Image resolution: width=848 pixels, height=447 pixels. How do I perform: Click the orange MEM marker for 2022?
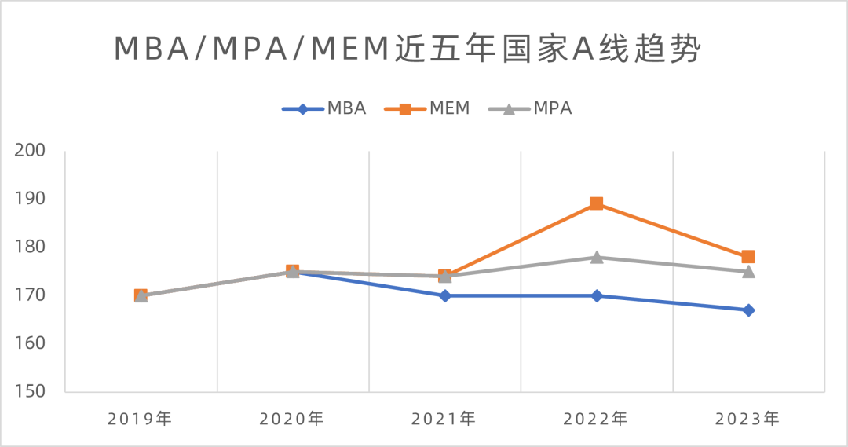597,203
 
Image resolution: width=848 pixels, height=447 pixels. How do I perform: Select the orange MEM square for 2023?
748,257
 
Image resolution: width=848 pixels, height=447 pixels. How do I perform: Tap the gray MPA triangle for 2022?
597,257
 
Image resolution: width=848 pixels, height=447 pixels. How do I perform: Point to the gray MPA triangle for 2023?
748,271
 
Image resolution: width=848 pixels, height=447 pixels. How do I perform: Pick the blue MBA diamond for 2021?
444,295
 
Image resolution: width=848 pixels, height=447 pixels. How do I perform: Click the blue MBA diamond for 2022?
597,295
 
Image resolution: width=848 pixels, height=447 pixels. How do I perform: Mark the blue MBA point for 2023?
748,310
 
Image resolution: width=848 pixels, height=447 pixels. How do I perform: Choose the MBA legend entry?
325,108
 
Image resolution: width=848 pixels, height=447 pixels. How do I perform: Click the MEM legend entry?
428,108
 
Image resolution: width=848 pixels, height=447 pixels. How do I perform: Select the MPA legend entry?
531,108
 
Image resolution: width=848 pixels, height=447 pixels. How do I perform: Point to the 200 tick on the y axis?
31,150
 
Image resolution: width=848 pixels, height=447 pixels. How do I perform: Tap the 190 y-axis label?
31,199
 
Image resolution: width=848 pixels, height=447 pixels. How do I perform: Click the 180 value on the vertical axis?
31,247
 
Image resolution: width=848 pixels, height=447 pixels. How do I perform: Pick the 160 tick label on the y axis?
31,343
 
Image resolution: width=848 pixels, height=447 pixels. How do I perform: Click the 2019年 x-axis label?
140,419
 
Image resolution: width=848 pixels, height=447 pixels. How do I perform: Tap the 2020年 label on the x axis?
292,419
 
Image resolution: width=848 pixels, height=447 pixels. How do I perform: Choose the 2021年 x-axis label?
444,419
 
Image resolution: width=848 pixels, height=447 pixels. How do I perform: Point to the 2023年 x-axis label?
748,419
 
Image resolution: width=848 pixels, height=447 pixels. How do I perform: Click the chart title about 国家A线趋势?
408,49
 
